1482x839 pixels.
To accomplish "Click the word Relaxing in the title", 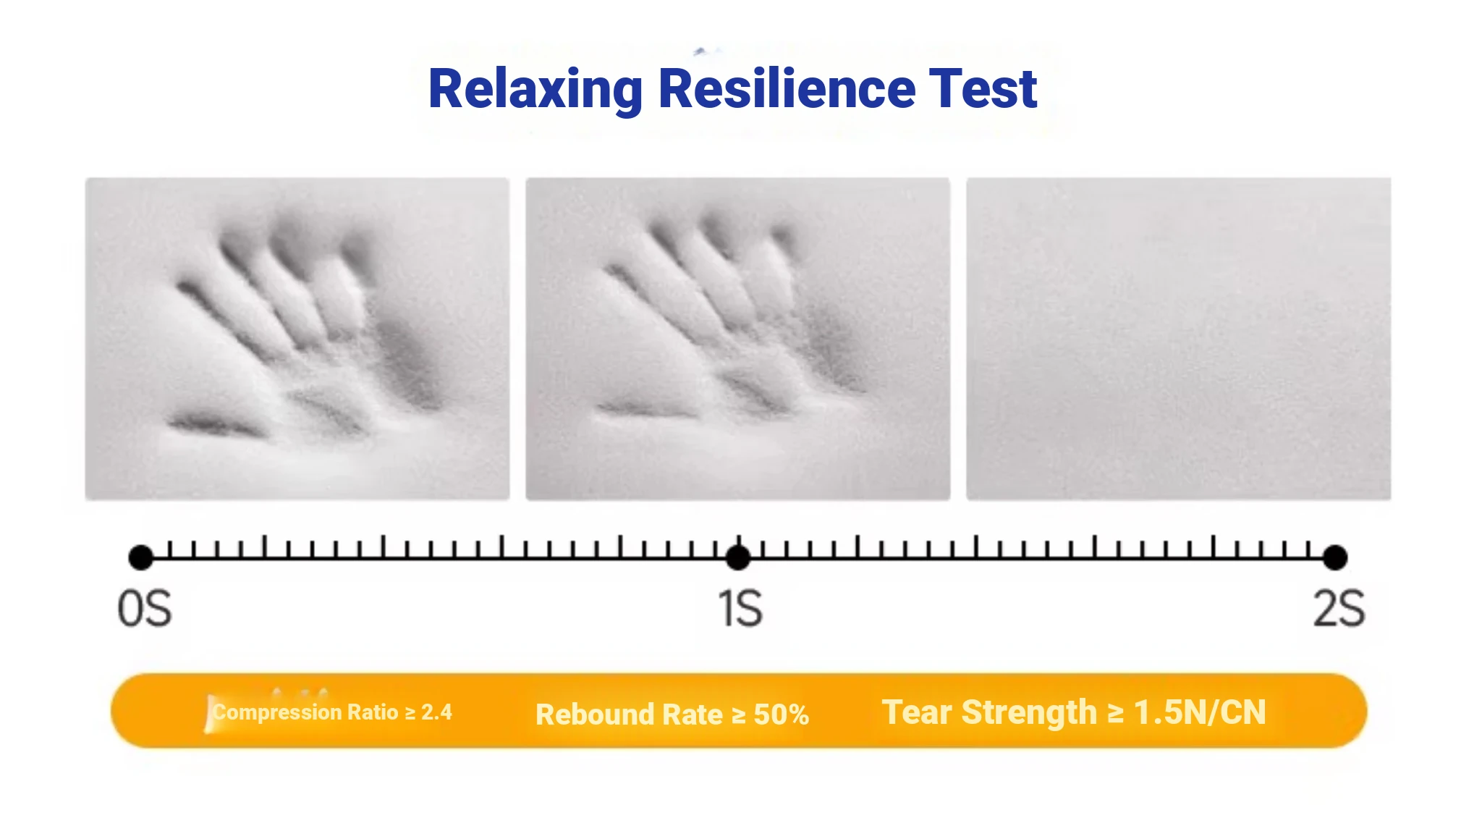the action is tap(535, 90).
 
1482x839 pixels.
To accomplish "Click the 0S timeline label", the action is tap(145, 608).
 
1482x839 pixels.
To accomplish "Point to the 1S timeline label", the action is tap(740, 608).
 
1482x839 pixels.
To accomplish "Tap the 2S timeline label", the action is tap(1339, 608).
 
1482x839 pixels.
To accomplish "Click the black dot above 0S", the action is tap(140, 557).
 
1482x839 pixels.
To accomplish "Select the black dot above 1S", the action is tap(738, 557).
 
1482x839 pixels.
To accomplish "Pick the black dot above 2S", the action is tap(1335, 557).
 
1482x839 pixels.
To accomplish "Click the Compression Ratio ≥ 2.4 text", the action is tap(332, 712).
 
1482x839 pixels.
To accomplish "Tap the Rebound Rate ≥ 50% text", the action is tap(672, 714).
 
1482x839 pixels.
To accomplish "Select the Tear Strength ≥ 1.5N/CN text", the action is tap(1074, 712).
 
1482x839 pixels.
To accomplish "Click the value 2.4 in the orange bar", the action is tap(437, 712).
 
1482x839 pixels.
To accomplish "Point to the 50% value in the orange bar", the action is tap(782, 714).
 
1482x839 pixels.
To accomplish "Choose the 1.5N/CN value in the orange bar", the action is tap(1200, 712).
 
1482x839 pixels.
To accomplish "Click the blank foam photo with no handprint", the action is tap(1179, 339).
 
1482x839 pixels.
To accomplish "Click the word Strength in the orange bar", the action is tap(1029, 713).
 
